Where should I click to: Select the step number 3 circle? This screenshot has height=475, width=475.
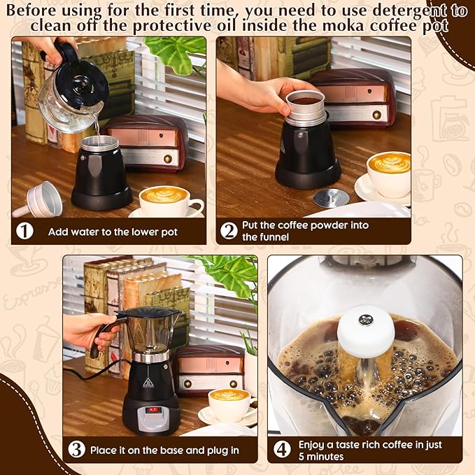click(76, 450)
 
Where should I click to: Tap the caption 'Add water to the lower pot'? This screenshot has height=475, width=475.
click(113, 232)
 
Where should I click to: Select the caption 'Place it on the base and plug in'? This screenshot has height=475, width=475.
click(164, 451)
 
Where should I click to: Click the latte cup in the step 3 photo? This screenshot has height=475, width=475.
click(229, 404)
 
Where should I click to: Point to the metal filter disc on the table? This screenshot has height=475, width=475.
click(331, 198)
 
